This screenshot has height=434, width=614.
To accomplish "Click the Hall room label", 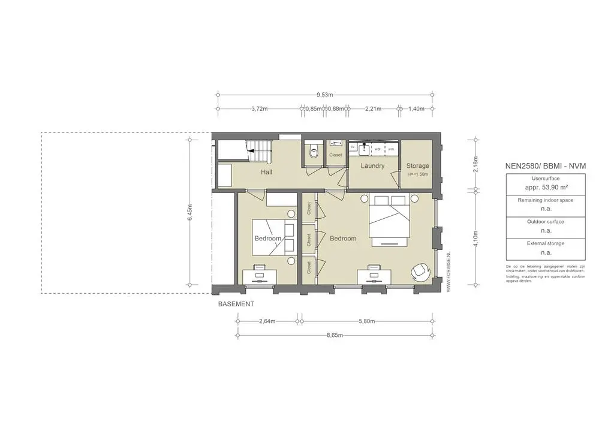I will coord(267,172).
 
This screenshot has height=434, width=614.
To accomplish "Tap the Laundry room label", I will coord(372,166).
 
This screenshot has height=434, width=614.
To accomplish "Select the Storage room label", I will coord(417,166).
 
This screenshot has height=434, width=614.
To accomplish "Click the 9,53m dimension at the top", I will coord(325,95).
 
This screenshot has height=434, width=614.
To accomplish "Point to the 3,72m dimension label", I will coord(259,109).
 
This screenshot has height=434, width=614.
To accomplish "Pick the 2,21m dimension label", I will coord(373,109).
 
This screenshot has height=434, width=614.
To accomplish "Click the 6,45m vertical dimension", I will coord(190,213).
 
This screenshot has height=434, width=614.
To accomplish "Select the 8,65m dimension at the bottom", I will coord(335,336).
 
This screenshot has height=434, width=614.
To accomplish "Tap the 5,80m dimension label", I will coord(366,321).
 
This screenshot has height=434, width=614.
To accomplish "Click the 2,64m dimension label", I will coord(267,321).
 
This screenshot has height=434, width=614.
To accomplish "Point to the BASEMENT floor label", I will coord(236,305).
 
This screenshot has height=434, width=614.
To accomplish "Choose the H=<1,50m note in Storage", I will coord(418,174).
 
